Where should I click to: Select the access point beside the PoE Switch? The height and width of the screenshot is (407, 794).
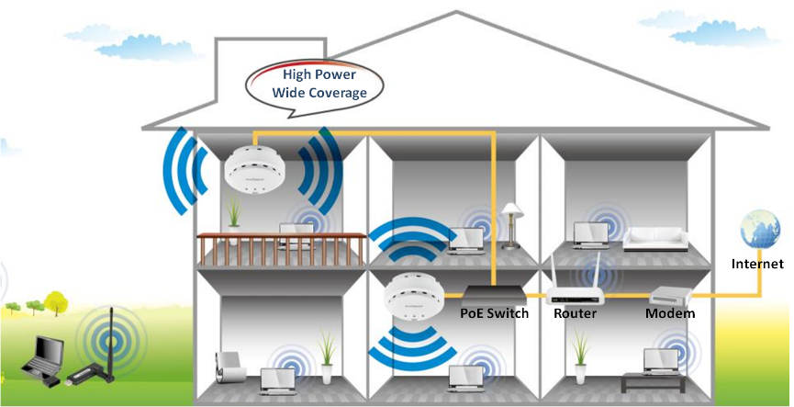click(415, 296)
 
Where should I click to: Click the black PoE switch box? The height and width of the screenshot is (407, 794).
click(494, 296)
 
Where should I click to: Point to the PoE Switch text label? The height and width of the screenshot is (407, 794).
click(494, 314)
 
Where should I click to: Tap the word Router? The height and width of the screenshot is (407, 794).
click(575, 314)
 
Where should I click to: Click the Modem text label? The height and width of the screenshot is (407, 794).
click(669, 314)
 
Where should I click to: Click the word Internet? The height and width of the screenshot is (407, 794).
click(757, 265)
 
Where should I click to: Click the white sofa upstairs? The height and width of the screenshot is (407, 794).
click(654, 241)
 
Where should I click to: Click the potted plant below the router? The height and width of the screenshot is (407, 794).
click(580, 354)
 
